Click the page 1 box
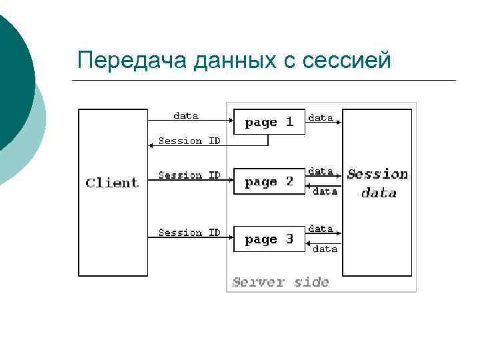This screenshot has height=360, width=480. (x=269, y=122)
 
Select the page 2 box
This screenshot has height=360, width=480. (x=269, y=182)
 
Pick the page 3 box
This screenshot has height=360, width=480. (x=269, y=239)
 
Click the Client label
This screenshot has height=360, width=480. (x=112, y=183)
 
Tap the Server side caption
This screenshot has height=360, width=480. (x=280, y=282)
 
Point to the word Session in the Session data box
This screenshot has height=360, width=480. (x=377, y=175)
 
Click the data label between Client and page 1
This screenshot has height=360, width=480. (x=185, y=115)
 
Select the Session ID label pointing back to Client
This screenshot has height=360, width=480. (x=189, y=141)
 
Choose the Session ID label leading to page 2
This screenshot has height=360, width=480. (x=189, y=175)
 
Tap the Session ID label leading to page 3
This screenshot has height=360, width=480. (x=189, y=233)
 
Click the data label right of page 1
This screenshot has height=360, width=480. (x=321, y=117)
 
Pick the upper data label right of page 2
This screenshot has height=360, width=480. (x=321, y=171)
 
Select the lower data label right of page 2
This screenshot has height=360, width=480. (x=325, y=191)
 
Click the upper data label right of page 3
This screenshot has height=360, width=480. (x=321, y=228)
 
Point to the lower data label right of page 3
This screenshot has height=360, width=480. (x=325, y=249)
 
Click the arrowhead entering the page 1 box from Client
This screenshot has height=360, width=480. (x=231, y=121)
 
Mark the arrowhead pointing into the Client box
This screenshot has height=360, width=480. (x=151, y=145)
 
